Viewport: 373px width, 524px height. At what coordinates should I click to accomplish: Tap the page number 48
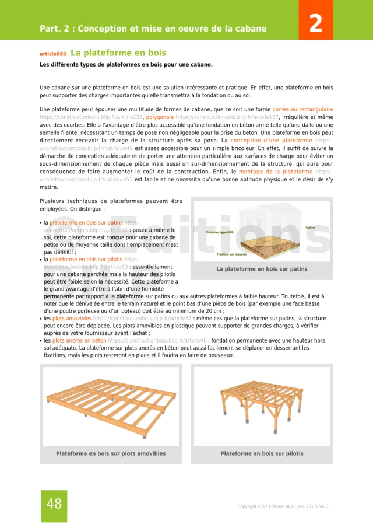[54, 504]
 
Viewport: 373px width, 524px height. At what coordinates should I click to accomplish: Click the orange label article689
[53, 54]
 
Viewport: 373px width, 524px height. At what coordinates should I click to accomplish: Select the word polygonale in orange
[159, 117]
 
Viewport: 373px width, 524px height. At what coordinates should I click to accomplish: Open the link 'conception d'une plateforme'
[272, 141]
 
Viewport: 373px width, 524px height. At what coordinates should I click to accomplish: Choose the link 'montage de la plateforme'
[276, 172]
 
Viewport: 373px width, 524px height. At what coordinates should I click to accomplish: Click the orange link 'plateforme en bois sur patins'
[86, 222]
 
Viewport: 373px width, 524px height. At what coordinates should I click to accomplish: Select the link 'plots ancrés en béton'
[79, 340]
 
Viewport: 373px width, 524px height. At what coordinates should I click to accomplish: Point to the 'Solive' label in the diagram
[309, 228]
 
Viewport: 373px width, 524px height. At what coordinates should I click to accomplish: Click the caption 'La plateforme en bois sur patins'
[262, 269]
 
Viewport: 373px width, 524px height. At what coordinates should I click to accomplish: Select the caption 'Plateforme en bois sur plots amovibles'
[111, 453]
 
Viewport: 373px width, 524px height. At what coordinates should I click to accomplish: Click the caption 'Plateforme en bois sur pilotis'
[262, 453]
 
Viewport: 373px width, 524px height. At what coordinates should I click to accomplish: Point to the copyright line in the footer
[283, 506]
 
